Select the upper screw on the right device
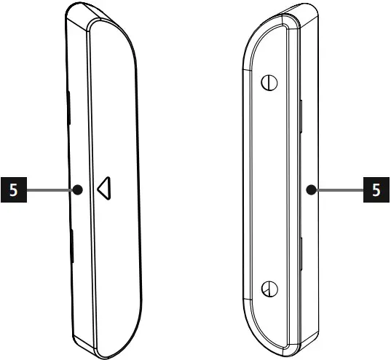(270, 82)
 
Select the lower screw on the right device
(269, 289)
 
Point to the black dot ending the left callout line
(77, 191)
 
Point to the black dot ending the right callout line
(312, 191)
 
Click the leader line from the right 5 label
(339, 191)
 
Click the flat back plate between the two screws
(273, 186)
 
